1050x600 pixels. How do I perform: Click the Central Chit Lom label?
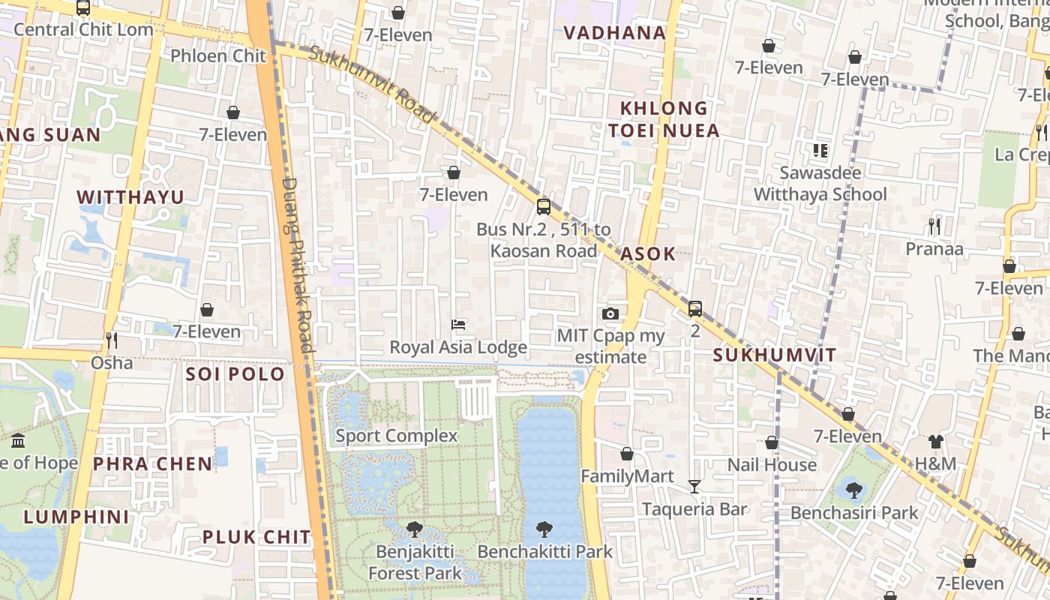pos(83,30)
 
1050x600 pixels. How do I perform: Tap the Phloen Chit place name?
pos(218,55)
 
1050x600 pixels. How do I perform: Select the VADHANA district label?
pos(614,32)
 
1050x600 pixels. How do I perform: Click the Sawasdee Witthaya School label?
pos(820,184)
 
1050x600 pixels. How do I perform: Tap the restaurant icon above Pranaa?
pos(934,226)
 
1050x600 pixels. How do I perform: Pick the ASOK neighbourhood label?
pos(648,253)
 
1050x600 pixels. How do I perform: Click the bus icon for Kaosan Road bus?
pos(544,206)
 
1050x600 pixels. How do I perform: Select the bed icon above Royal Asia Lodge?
pos(458,325)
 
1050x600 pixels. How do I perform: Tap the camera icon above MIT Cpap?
pos(610,313)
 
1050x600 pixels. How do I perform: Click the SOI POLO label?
pos(235,373)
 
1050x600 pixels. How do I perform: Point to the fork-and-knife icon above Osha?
pos(112,340)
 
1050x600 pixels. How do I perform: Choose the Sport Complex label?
pos(396,436)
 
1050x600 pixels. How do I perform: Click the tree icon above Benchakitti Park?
pos(544,529)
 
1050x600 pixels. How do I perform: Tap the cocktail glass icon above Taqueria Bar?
pos(694,487)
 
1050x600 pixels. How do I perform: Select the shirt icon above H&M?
pos(935,441)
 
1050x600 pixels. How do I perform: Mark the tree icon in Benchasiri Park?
pos(853,490)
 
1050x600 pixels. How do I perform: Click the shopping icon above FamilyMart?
pos(627,454)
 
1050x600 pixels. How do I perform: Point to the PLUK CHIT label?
pos(256,537)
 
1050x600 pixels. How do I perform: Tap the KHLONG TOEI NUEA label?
pos(664,119)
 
